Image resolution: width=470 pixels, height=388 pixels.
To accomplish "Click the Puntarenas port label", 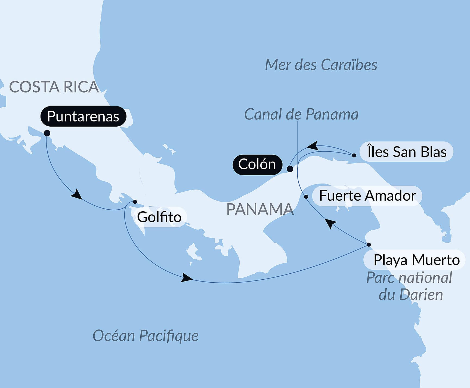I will click(83, 117).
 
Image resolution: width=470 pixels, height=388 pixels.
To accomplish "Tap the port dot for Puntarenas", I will click(47, 133).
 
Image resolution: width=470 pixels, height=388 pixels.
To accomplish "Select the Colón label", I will click(257, 164).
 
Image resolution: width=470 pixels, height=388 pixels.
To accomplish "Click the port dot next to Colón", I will click(290, 169).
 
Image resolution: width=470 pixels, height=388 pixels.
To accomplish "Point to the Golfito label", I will click(159, 217).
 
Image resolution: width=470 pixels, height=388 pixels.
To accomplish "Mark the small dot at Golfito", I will click(135, 202).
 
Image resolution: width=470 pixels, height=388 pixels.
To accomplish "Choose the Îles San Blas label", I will click(407, 152).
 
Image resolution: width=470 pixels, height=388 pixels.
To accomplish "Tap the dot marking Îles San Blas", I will click(354, 155).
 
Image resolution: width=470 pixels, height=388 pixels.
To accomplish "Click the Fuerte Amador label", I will click(367, 195).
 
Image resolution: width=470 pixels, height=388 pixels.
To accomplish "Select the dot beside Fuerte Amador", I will click(306, 197).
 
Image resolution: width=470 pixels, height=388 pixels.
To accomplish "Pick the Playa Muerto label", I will click(416, 260).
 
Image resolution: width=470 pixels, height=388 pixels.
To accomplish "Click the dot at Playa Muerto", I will click(369, 245).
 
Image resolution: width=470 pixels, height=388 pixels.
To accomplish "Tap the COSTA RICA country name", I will click(54, 87).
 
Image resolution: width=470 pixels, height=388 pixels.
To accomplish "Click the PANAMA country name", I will click(260, 209).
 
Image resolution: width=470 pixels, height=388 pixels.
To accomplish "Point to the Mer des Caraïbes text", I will click(321, 65).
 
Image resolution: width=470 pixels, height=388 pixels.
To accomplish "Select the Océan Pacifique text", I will click(146, 336).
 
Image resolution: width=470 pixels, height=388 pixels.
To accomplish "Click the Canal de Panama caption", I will click(301, 114).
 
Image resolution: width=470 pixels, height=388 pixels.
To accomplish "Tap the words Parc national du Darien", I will click(409, 286).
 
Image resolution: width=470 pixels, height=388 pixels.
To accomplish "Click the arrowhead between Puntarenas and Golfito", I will click(77, 194).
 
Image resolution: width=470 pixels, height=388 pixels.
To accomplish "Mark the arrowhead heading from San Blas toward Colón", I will click(313, 146).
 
